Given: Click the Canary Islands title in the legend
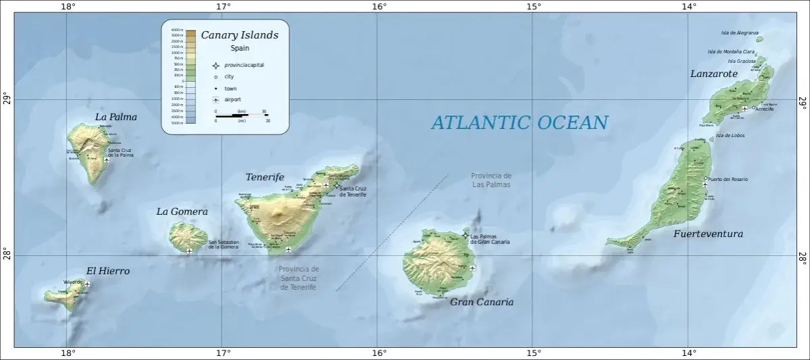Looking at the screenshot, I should [x=239, y=35].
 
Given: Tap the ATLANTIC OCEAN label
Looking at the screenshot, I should [x=519, y=122].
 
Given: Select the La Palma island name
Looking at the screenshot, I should [x=116, y=117].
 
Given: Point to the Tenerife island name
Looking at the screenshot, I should [x=264, y=177].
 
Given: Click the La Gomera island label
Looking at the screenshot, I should [x=182, y=211].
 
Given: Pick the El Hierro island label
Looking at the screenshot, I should [x=107, y=271].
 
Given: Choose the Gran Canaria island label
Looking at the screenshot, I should [x=482, y=302].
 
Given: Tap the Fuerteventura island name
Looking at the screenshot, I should [x=708, y=234].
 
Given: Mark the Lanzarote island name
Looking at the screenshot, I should [x=713, y=74].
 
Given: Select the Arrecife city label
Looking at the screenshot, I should [x=765, y=109].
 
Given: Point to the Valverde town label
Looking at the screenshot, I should [x=72, y=282].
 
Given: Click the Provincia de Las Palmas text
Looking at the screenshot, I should [x=491, y=180].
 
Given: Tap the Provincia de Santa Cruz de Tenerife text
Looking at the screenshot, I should [x=298, y=278].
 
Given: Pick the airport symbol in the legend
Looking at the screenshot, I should [x=216, y=100].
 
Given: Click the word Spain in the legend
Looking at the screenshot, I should [x=239, y=48].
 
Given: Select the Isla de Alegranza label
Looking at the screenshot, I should [x=740, y=32].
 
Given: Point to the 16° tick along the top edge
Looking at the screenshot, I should [x=378, y=7].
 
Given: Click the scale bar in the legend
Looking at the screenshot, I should [x=241, y=115].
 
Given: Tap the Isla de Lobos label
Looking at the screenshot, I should [x=730, y=135].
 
